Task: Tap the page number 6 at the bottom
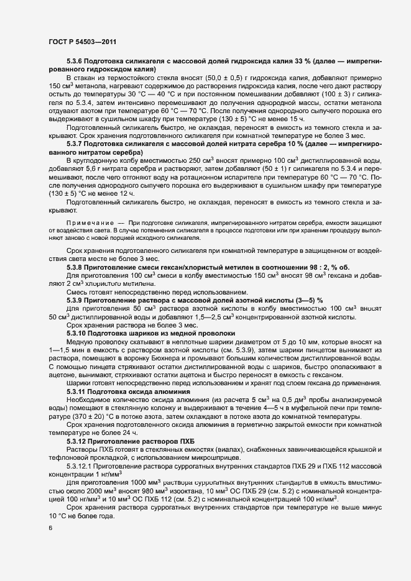click(x=50, y=528)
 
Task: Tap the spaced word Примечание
click(x=90, y=222)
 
